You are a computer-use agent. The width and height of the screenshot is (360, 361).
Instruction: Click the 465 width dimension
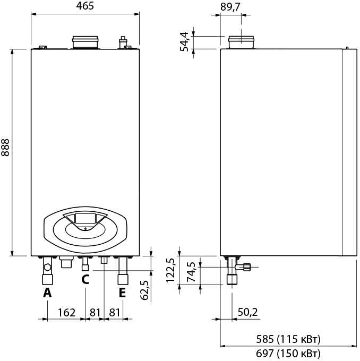85,6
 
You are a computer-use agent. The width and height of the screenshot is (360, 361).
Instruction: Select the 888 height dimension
5,148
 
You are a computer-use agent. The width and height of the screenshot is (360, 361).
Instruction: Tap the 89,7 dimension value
230,7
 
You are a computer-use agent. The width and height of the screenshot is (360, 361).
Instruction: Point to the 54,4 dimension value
184,42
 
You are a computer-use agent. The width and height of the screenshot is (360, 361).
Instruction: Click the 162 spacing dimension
66,312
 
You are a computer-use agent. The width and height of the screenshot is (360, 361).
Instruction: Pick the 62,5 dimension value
144,290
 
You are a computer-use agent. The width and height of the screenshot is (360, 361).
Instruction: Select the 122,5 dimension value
170,270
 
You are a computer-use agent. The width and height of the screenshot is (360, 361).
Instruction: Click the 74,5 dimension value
191,272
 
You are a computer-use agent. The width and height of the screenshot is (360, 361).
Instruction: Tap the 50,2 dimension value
247,312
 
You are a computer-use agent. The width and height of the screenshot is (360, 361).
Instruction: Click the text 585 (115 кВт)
288,339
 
